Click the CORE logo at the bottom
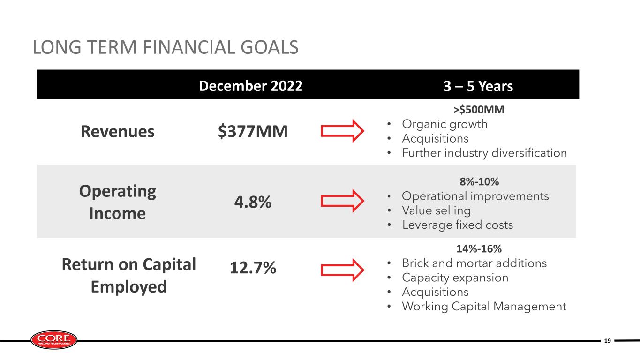(x=54, y=340)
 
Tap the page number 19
(x=608, y=341)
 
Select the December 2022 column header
(x=250, y=86)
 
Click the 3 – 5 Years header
(x=478, y=86)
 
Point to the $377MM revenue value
(x=253, y=131)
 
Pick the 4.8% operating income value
(x=253, y=202)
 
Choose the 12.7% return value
(x=253, y=268)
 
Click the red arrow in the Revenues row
(x=342, y=131)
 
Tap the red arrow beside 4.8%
(x=342, y=201)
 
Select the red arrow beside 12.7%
(x=342, y=270)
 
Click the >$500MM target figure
(x=479, y=109)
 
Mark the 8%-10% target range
(x=479, y=181)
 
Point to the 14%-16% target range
(x=479, y=248)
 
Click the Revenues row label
(x=117, y=131)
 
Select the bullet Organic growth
(x=444, y=124)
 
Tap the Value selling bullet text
(x=437, y=210)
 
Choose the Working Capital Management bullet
(x=484, y=307)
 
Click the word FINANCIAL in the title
(x=189, y=47)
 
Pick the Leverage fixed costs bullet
(x=458, y=225)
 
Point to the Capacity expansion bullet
(x=455, y=277)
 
